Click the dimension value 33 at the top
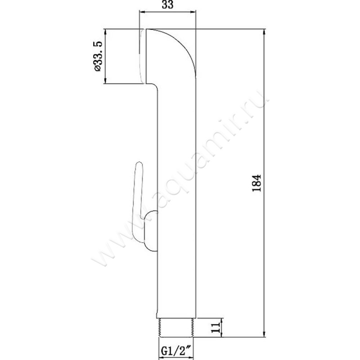click(x=167, y=4)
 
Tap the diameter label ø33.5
click(x=97, y=56)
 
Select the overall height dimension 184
click(x=256, y=183)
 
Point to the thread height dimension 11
click(x=216, y=328)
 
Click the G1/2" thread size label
click(x=176, y=351)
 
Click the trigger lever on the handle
click(x=138, y=202)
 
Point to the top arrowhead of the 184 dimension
click(x=265, y=32)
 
